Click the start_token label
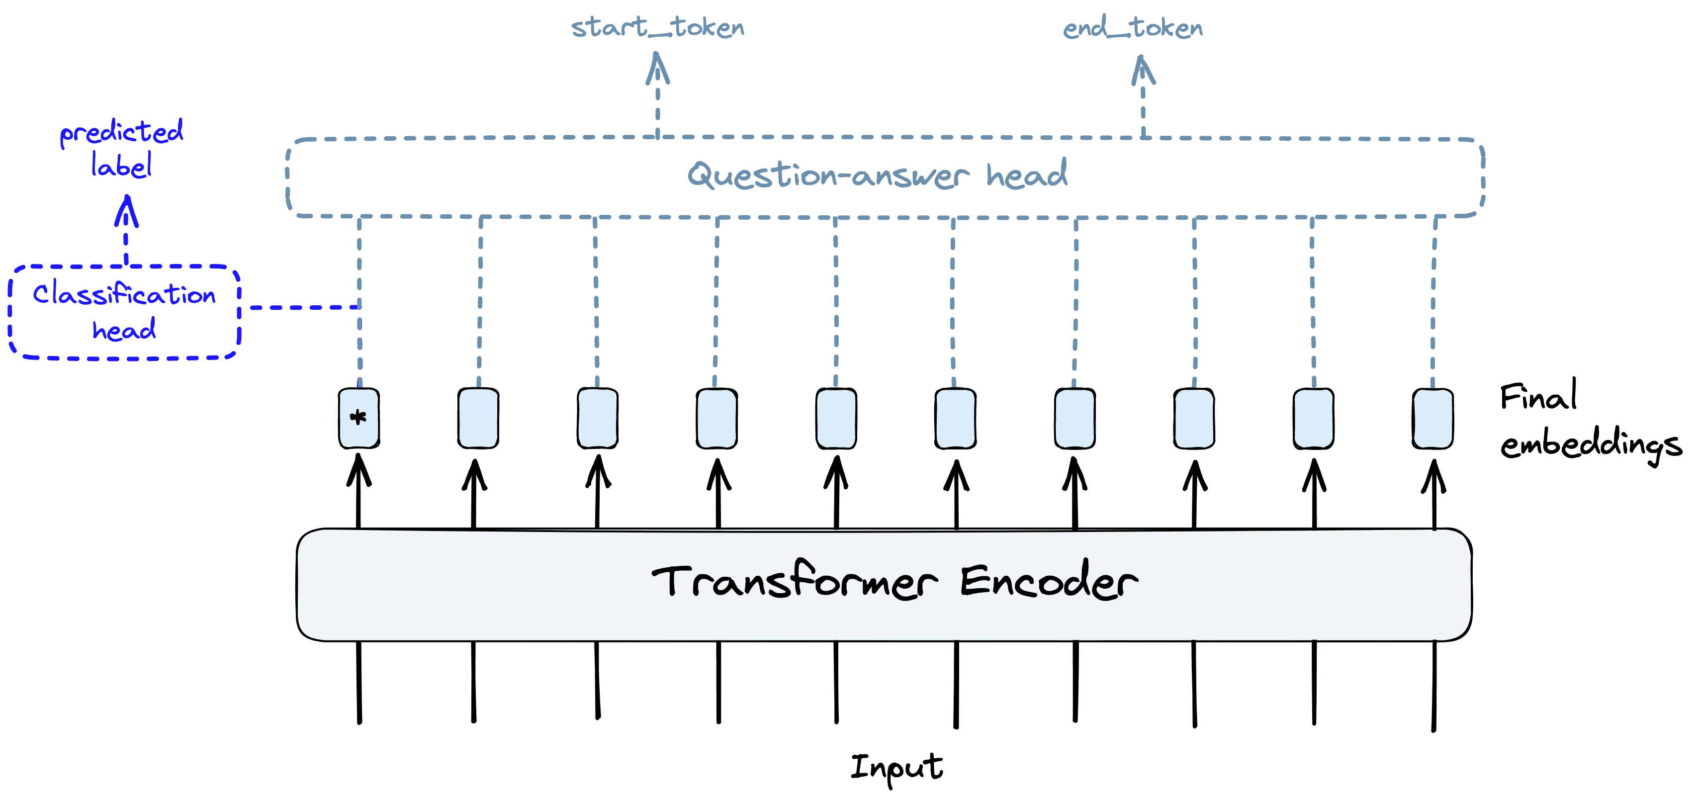point(657,28)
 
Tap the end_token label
point(1133,28)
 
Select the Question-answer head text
point(877,176)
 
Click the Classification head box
point(124,312)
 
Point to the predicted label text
point(122,148)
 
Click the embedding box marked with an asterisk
point(358,419)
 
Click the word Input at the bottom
point(896,767)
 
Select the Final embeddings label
point(1589,421)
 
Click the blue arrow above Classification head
point(126,227)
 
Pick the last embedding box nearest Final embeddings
point(1432,419)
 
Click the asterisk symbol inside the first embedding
point(358,417)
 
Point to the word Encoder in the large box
point(1048,582)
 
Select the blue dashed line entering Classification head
point(303,307)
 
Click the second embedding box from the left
point(478,419)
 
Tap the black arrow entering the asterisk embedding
point(358,493)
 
